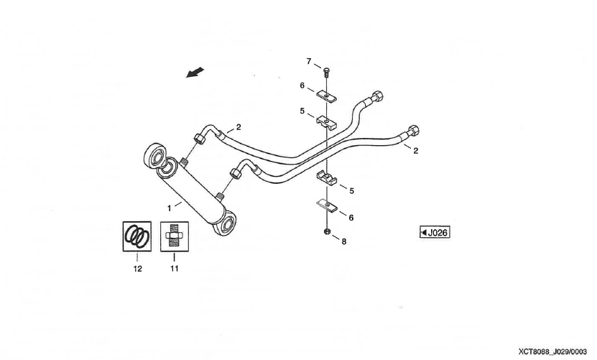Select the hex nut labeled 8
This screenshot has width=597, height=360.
(327, 231)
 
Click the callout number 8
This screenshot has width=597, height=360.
(343, 241)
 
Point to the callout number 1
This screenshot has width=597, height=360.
(170, 207)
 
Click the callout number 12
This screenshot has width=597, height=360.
(137, 269)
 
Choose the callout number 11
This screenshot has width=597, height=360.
(173, 269)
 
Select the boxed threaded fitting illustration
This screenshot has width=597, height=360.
(173, 236)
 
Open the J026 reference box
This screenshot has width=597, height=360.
(435, 232)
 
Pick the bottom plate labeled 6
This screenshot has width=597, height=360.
(327, 206)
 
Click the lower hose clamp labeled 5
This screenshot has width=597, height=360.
(328, 177)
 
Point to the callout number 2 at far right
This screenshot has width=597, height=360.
(416, 151)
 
